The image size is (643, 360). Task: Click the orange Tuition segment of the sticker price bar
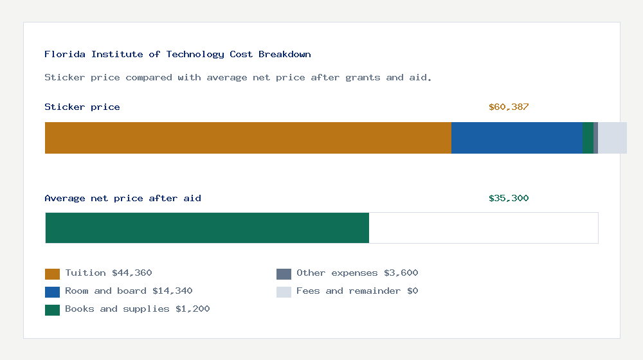[248, 138]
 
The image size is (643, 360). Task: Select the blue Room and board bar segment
[516, 138]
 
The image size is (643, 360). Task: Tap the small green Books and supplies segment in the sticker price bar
[588, 138]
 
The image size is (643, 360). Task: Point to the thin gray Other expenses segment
[595, 138]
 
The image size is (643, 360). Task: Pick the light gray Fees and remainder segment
[612, 138]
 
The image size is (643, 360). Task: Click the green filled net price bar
[207, 228]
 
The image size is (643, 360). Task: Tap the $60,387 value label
[509, 107]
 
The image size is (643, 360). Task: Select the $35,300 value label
[509, 199]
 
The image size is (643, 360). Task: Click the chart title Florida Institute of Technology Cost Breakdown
[177, 55]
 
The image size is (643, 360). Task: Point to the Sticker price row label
[82, 107]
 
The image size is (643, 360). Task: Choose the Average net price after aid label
[123, 199]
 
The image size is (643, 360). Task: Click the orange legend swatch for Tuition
[52, 274]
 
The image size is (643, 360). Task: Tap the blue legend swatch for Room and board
[52, 292]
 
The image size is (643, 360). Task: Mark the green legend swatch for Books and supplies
[52, 310]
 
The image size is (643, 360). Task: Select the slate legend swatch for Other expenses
[284, 274]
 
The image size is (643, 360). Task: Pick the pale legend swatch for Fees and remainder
[284, 292]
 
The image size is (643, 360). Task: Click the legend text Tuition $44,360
[109, 273]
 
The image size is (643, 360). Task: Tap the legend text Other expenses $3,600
[357, 273]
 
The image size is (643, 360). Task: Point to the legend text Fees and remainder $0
[357, 291]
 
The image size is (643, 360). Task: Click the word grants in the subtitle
[363, 78]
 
